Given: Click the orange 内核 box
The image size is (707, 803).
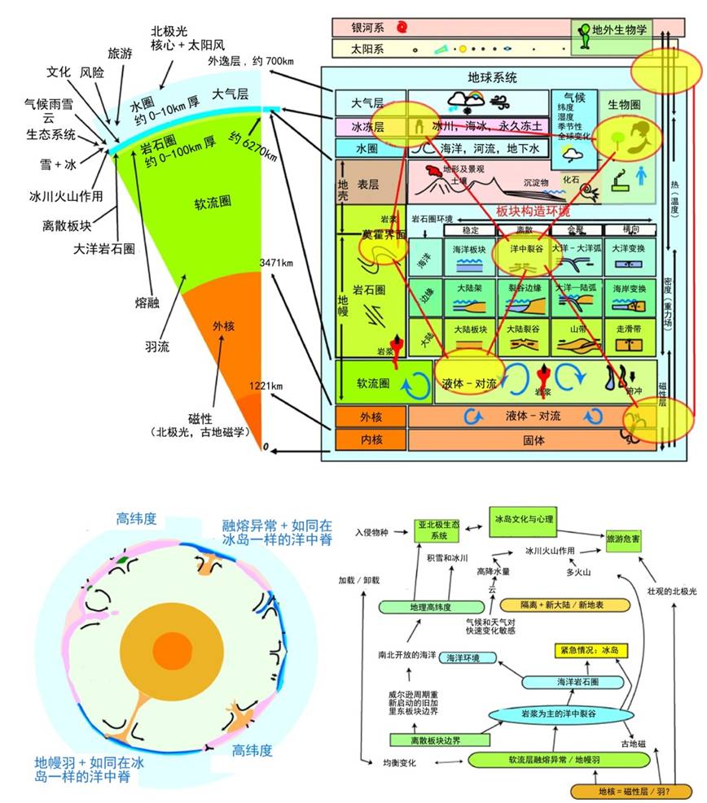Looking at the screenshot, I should click(370, 440).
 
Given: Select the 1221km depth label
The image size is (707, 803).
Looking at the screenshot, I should click(266, 386).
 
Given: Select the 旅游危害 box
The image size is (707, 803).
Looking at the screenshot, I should click(630, 539).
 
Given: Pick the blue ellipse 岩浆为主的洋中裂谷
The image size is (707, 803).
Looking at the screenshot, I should click(560, 714).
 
